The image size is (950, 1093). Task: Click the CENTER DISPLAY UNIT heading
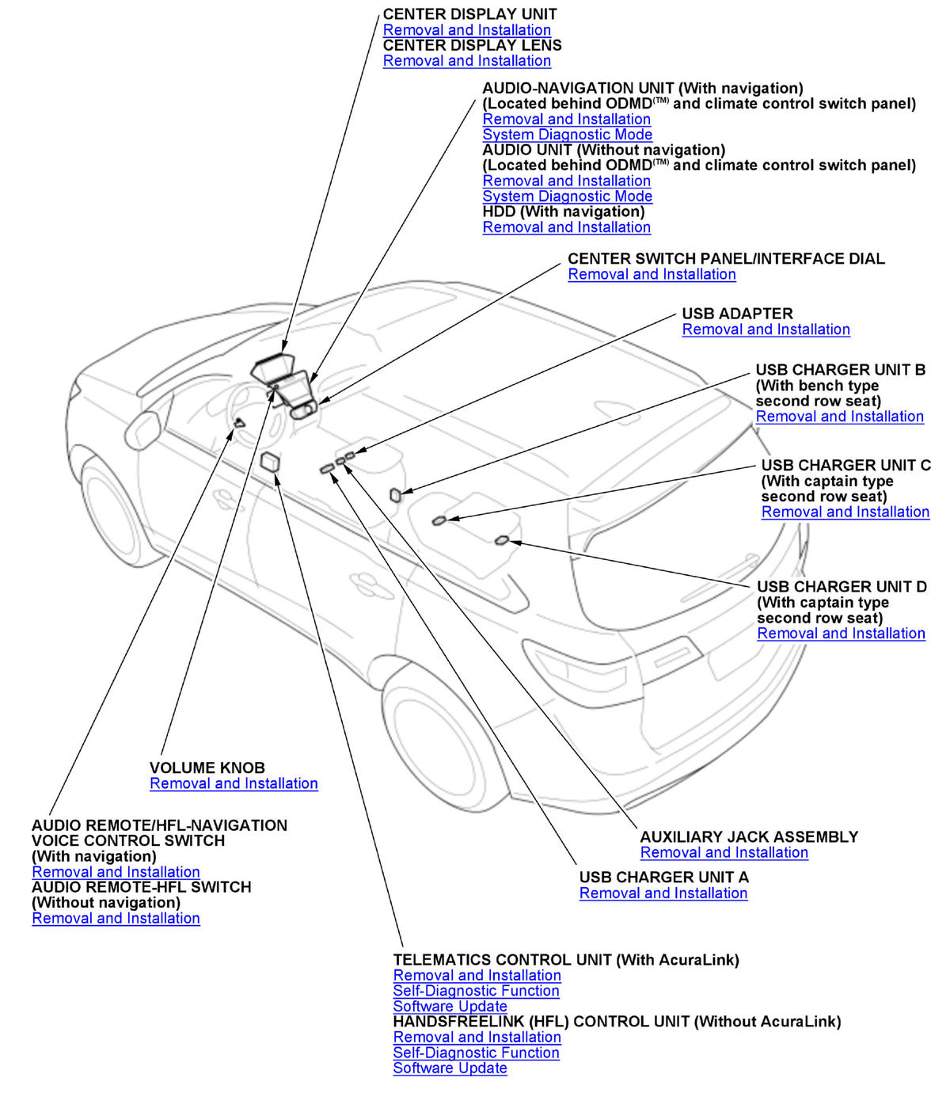[469, 14]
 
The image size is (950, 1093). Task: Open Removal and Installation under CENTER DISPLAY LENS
[466, 61]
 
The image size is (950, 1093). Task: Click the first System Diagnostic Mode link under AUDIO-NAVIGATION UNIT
[567, 135]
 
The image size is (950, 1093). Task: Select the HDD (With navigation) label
[563, 211]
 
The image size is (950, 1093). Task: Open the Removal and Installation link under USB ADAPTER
[766, 329]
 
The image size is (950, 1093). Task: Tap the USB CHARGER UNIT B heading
[840, 370]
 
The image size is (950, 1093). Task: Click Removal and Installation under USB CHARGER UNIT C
[845, 512]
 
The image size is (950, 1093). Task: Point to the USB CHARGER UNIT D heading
[842, 587]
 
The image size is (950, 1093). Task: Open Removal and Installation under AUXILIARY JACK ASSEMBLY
[724, 853]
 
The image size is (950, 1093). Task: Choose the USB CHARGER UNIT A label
[663, 878]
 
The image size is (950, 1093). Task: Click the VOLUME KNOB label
[207, 768]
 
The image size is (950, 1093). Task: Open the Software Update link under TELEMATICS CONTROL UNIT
[450, 1007]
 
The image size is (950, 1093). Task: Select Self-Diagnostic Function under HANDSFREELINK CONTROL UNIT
[476, 1053]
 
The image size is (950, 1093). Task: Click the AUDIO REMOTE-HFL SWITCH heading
[141, 887]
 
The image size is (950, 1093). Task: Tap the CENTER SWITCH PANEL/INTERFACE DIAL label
[726, 259]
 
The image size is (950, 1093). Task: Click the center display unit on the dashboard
[273, 368]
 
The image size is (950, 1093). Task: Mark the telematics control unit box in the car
[270, 461]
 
